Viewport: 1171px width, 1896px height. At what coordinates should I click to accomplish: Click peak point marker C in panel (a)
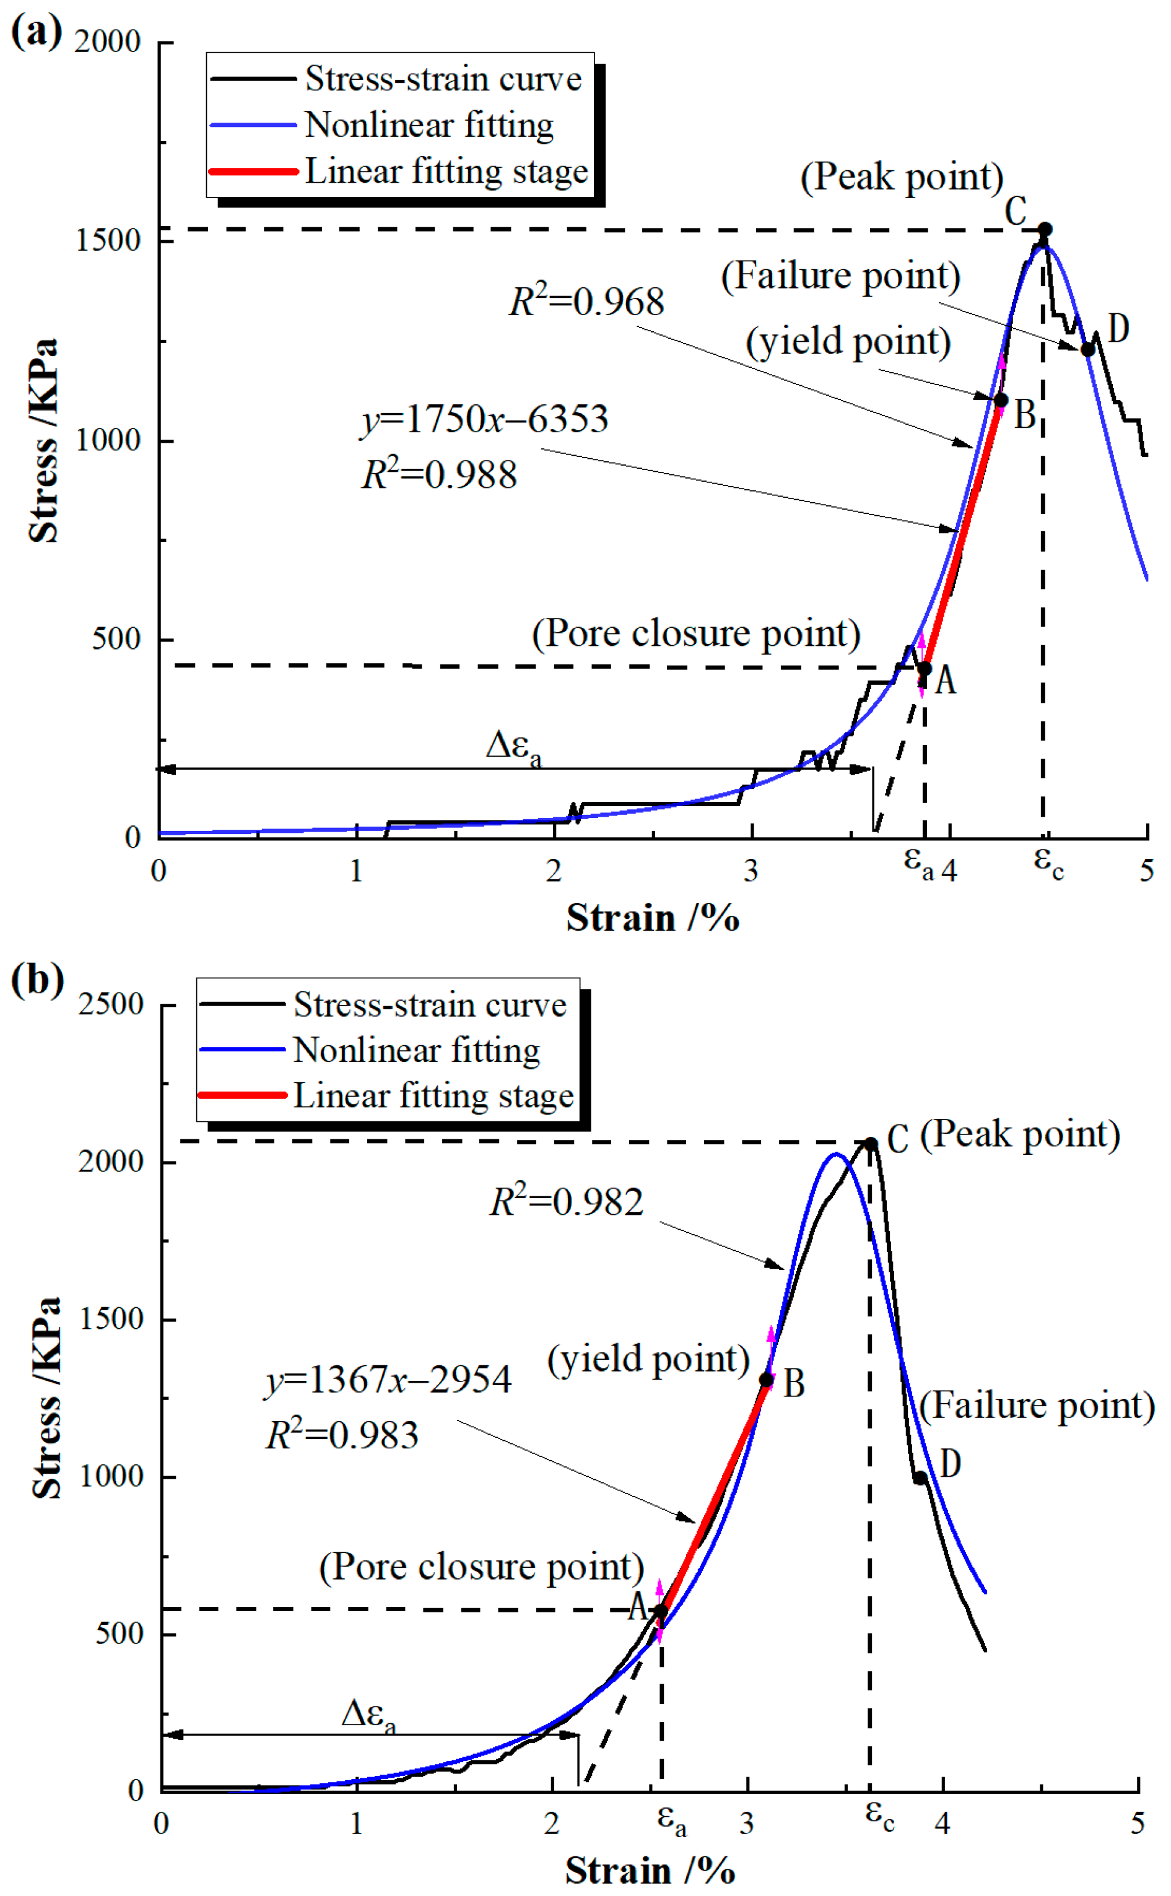click(x=1044, y=229)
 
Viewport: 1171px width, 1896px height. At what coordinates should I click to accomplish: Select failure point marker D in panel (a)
click(x=1087, y=350)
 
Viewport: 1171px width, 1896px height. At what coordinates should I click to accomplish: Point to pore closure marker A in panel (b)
click(x=661, y=1612)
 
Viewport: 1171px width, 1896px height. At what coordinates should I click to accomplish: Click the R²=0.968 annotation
click(x=586, y=301)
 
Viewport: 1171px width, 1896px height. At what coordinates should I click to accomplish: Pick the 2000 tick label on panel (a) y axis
click(x=108, y=42)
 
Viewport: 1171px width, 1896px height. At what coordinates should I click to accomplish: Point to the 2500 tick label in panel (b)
click(x=111, y=1004)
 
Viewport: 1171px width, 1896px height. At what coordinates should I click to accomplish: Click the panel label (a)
click(x=36, y=33)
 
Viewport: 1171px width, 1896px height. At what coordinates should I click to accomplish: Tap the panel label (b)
click(x=37, y=980)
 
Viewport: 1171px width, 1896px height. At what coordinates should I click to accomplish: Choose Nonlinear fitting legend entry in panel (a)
click(x=429, y=124)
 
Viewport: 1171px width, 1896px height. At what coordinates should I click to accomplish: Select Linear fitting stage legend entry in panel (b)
click(x=433, y=1095)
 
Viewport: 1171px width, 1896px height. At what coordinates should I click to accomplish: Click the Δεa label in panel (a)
click(x=513, y=746)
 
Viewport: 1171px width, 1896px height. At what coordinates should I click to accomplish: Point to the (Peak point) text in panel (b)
click(x=1020, y=1134)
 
